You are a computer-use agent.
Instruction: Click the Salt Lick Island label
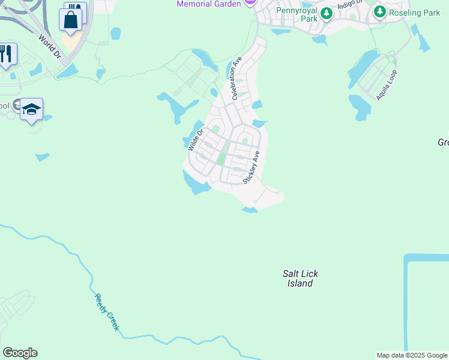301,278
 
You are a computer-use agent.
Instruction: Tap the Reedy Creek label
107,312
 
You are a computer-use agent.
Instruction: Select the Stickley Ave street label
252,167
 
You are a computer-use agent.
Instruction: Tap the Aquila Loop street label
387,85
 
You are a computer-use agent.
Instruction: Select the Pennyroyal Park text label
297,14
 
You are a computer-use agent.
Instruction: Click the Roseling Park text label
414,11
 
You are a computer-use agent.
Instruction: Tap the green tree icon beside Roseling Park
379,11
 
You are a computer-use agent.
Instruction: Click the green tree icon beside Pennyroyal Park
326,13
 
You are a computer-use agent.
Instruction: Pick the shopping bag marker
71,19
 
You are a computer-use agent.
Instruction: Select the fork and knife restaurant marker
6,54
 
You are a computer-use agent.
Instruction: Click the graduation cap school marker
31,109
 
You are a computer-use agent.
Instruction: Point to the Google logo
20,353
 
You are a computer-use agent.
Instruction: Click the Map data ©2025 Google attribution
412,355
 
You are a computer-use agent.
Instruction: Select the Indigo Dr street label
351,4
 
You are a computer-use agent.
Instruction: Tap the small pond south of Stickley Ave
250,209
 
